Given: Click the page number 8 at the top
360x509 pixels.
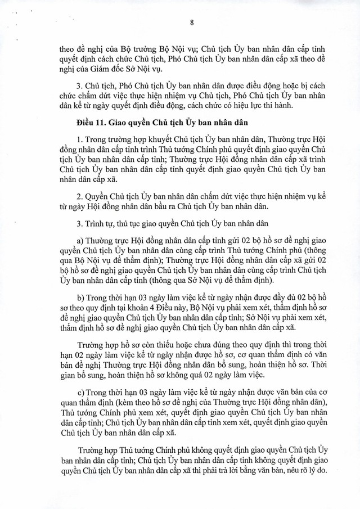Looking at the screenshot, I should click(192, 23).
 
